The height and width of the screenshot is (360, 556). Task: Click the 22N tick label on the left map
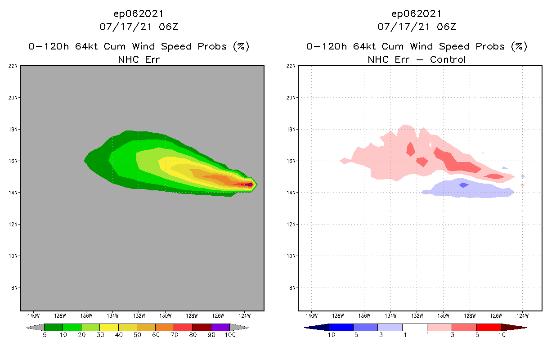click(x=13, y=66)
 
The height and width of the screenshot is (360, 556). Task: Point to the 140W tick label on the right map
click(x=311, y=315)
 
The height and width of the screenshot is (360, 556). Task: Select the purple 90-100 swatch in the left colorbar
click(x=220, y=327)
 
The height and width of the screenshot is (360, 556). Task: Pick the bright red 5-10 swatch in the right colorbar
click(x=489, y=327)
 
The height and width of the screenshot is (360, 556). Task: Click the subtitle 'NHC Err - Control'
click(x=417, y=59)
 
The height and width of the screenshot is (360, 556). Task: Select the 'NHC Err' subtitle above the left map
click(x=139, y=59)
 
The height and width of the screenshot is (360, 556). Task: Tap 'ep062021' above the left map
click(x=139, y=13)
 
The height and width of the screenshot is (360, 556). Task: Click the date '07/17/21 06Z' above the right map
click(x=417, y=27)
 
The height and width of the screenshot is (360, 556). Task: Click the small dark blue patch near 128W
click(x=463, y=185)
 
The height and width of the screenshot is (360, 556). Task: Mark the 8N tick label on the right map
click(x=292, y=288)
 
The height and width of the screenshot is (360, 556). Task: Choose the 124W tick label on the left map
click(x=244, y=315)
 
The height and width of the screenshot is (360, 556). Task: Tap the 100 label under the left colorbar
click(x=230, y=335)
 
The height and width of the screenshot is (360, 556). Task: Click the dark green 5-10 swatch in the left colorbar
click(x=54, y=327)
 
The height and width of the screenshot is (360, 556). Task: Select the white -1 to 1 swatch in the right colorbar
click(x=415, y=327)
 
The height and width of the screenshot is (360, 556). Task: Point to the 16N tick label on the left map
click(x=13, y=161)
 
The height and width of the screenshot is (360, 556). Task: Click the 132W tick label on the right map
click(x=417, y=315)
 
